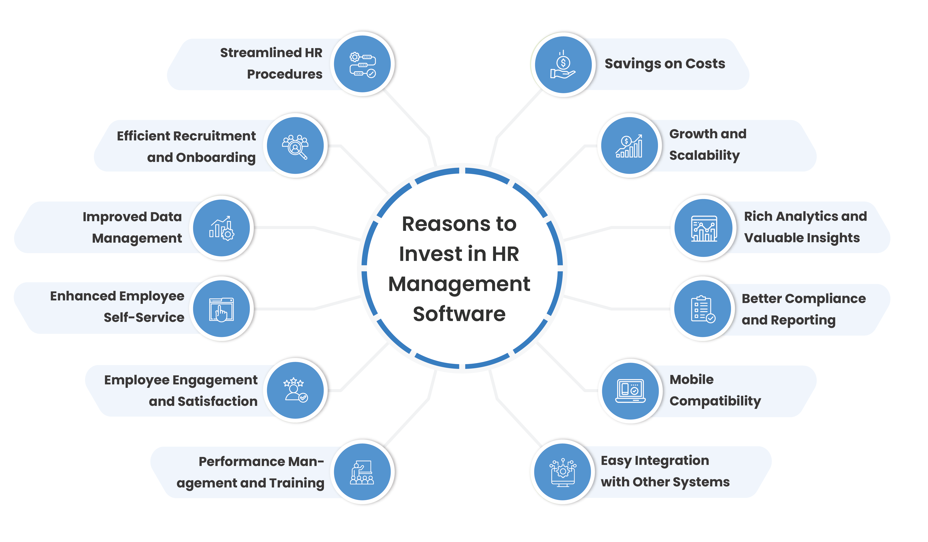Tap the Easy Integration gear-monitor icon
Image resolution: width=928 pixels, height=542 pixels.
point(563,472)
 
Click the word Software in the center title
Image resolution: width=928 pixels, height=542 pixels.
point(459,314)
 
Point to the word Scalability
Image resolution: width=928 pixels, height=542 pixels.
point(704,155)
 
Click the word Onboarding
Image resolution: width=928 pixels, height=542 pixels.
point(216,158)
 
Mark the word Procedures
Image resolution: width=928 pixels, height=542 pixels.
point(285,74)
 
